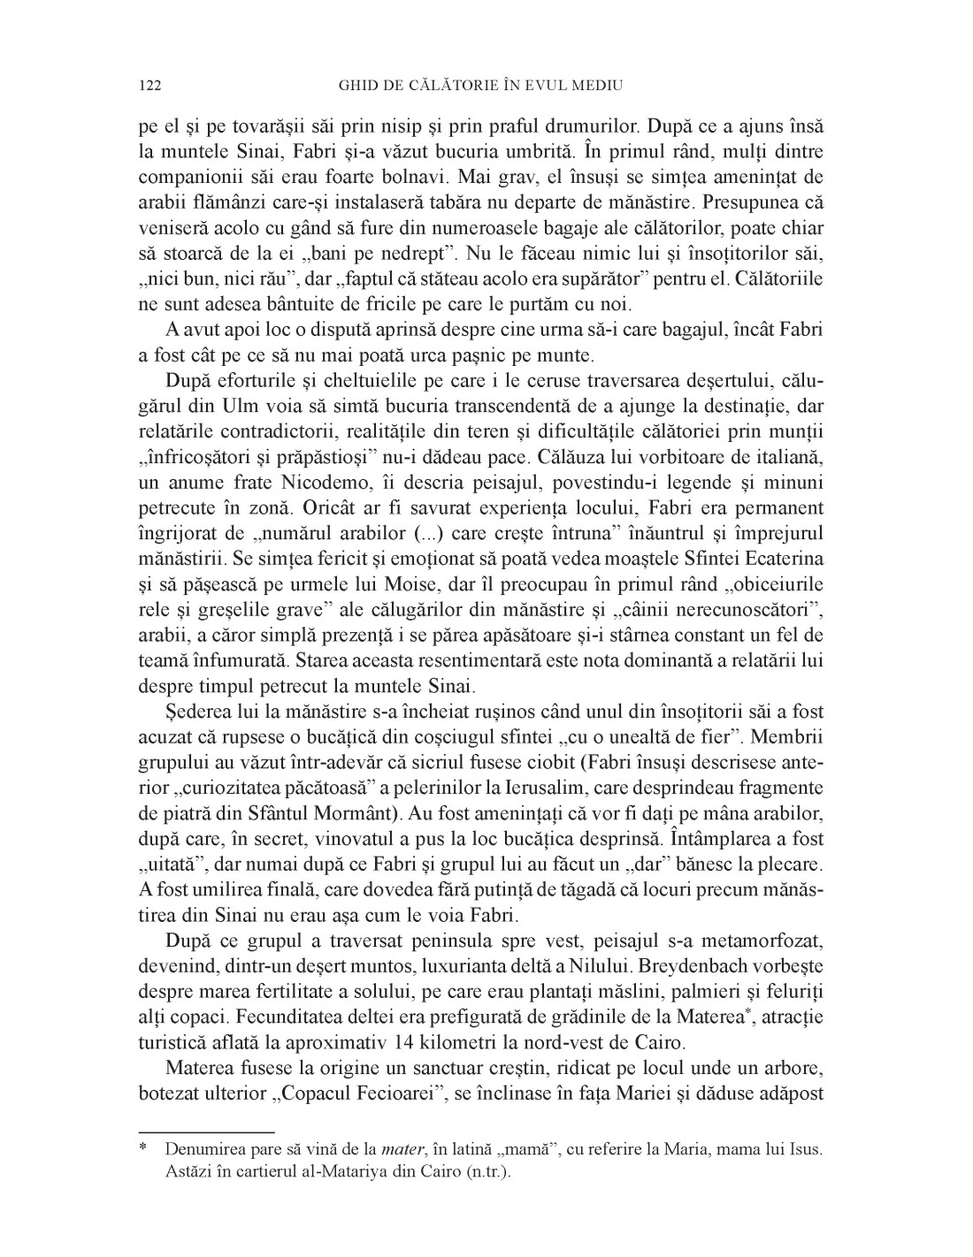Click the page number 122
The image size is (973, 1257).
pos(149,86)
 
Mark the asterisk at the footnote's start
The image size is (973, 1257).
pos(142,1151)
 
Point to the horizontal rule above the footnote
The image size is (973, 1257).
pos(207,1131)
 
